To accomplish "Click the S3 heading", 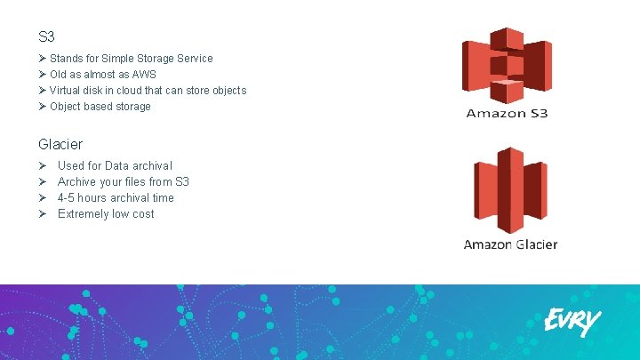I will [x=47, y=37].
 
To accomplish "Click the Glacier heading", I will [x=61, y=143].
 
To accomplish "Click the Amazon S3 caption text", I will [x=507, y=114].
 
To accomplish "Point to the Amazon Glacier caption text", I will [x=510, y=244].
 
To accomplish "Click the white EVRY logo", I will [x=572, y=321].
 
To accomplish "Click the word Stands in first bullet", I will [x=66, y=59].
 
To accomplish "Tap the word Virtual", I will [x=66, y=91].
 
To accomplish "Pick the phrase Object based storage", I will [x=100, y=107].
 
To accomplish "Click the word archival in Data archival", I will [x=153, y=166].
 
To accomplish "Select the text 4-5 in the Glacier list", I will [x=66, y=198].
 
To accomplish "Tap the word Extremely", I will [x=82, y=214].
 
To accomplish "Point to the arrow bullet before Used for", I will [x=43, y=166].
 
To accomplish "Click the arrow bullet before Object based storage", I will [x=43, y=107].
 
